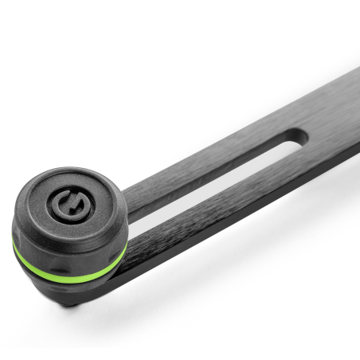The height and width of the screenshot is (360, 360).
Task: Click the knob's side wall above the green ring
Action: point(64,243)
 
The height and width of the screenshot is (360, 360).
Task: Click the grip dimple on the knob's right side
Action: point(112,239)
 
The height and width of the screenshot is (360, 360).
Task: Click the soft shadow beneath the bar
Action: point(239,239)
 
